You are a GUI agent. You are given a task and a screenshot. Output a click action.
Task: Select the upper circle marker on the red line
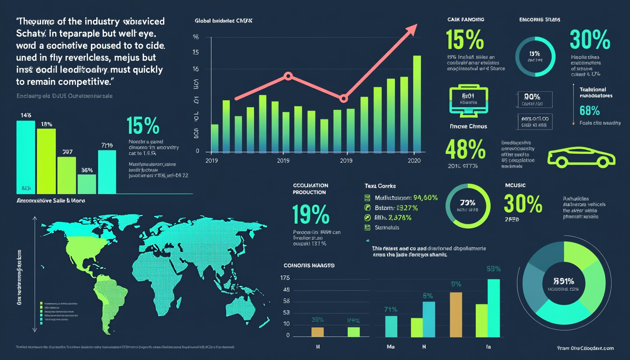(x=288, y=75)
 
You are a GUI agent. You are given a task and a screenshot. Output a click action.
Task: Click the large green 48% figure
(x=465, y=150)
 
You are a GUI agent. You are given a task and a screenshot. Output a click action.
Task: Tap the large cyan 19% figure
(x=310, y=214)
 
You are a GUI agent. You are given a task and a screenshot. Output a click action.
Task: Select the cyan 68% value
(x=590, y=111)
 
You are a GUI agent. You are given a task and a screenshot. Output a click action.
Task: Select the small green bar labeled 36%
(x=87, y=184)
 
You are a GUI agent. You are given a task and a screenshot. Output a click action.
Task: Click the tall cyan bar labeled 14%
(x=26, y=157)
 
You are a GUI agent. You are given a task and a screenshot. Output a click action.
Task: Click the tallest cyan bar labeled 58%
(x=494, y=308)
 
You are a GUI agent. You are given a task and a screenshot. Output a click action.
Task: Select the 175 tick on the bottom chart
(x=285, y=278)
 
